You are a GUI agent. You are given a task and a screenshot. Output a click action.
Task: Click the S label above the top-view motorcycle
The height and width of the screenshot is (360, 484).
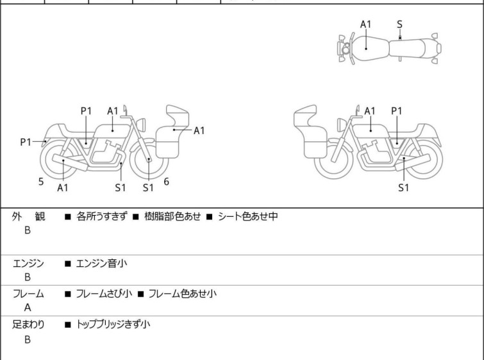pyautogui.click(x=399, y=24)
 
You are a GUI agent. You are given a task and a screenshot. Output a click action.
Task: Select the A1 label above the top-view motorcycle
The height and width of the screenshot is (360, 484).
pyautogui.click(x=365, y=24)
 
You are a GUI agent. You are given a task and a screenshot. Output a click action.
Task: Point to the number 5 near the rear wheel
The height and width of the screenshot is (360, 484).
pyautogui.click(x=41, y=182)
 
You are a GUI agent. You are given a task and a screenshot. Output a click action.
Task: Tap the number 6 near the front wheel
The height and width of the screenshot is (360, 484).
pyautogui.click(x=166, y=182)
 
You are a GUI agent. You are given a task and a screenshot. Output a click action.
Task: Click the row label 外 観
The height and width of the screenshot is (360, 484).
pyautogui.click(x=28, y=217)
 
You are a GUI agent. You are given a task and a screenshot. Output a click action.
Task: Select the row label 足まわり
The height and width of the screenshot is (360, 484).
pyautogui.click(x=28, y=325)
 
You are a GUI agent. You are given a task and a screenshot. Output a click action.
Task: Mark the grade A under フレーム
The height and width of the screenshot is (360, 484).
pyautogui.click(x=28, y=308)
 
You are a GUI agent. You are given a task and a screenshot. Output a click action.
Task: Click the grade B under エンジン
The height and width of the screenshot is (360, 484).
pyautogui.click(x=28, y=277)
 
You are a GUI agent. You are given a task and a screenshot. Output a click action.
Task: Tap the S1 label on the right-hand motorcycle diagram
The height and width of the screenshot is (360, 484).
pyautogui.click(x=403, y=188)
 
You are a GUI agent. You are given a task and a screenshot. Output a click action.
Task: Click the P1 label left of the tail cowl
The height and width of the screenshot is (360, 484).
pyautogui.click(x=26, y=142)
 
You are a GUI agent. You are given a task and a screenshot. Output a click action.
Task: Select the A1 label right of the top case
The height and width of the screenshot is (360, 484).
pyautogui.click(x=199, y=130)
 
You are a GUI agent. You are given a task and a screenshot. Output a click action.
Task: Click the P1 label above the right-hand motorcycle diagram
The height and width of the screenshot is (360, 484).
pyautogui.click(x=397, y=110)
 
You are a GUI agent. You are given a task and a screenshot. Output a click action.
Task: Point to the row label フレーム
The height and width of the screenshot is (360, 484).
pyautogui.click(x=28, y=294)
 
